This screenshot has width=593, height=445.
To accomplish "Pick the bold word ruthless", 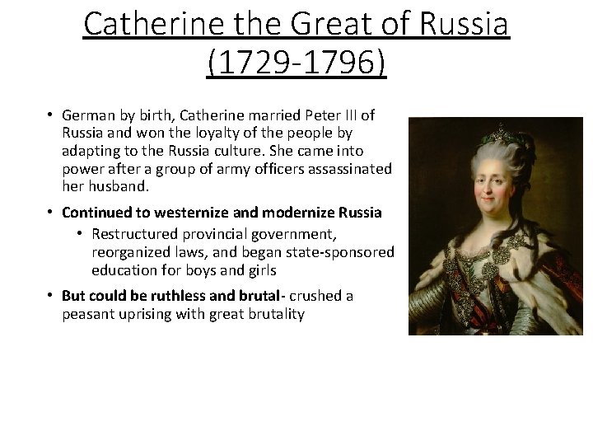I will coord(170,295).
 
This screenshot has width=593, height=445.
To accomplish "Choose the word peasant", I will coord(86,314).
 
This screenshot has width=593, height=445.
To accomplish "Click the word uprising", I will coord(146,314).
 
